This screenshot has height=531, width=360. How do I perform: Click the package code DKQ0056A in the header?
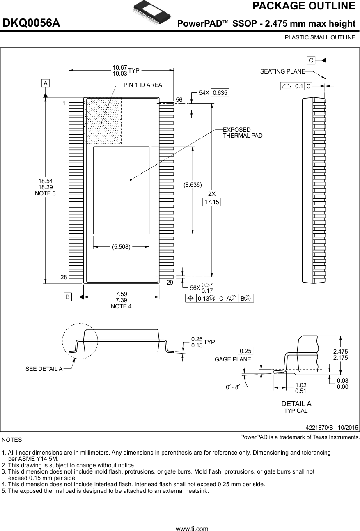tap(32, 23)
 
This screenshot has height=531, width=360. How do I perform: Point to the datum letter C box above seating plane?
tap(311, 60)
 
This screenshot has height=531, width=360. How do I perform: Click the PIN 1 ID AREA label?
tap(142, 85)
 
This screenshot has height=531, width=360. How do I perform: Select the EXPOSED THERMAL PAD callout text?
tap(242, 133)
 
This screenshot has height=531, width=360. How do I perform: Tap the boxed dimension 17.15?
tap(212, 202)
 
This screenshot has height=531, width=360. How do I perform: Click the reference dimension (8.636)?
tap(193, 185)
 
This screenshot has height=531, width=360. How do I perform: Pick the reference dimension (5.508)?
tap(121, 247)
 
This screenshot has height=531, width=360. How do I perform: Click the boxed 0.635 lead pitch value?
tap(220, 93)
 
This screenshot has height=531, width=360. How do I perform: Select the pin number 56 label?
tap(179, 100)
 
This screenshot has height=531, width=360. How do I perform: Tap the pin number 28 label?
tap(64, 277)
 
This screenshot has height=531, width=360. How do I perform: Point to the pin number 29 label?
tap(170, 283)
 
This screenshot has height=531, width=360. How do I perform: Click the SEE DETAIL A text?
tap(44, 369)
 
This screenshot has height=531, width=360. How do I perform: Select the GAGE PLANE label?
tap(233, 359)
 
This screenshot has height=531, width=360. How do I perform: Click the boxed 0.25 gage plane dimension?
tap(245, 351)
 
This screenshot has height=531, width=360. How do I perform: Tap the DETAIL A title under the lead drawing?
tap(296, 404)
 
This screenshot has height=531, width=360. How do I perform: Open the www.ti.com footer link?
tap(192, 529)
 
